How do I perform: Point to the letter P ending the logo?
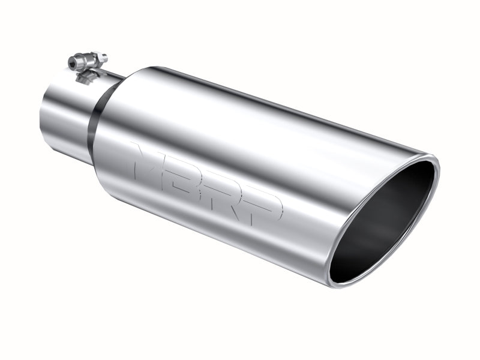(264, 205)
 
